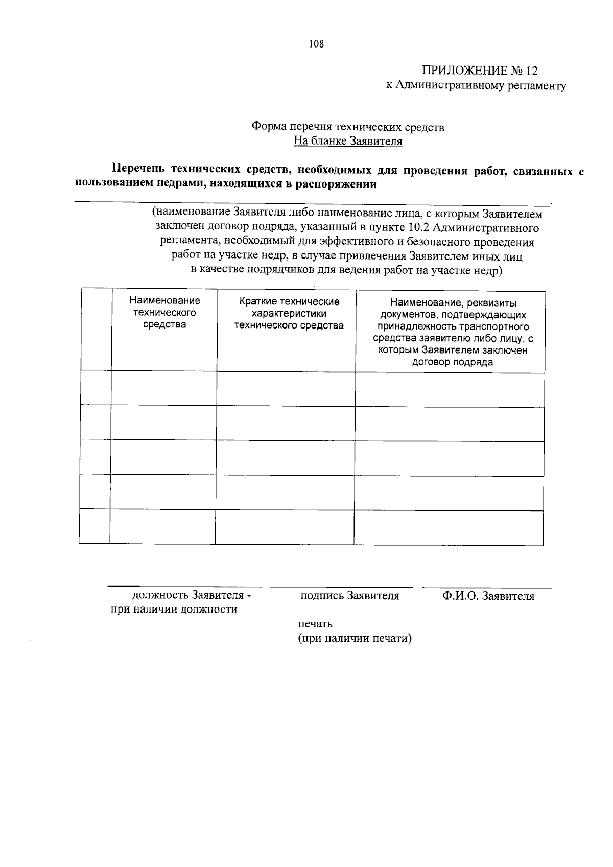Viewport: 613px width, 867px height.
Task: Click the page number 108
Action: [x=316, y=44]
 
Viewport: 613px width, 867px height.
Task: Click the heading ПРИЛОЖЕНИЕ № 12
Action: [x=480, y=71]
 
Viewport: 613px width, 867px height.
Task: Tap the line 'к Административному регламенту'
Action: [x=476, y=85]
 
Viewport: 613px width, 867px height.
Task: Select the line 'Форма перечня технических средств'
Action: [x=348, y=127]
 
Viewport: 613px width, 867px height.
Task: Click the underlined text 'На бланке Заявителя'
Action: [x=348, y=141]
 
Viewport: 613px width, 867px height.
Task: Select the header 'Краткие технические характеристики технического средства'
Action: [x=289, y=313]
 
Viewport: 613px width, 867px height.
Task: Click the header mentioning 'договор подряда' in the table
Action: [x=453, y=332]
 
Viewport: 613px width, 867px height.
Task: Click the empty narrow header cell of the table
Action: [x=97, y=330]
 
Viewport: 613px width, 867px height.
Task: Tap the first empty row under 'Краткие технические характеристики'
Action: [x=286, y=389]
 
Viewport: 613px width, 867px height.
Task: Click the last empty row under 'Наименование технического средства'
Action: [x=163, y=526]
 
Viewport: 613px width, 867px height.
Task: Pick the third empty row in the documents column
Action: [x=450, y=458]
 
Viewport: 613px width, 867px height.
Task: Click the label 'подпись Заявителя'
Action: [x=350, y=596]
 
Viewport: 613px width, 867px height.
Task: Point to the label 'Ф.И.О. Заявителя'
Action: [x=488, y=596]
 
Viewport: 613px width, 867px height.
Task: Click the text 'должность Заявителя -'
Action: [x=192, y=595]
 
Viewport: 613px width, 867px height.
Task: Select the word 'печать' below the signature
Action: [x=315, y=624]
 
